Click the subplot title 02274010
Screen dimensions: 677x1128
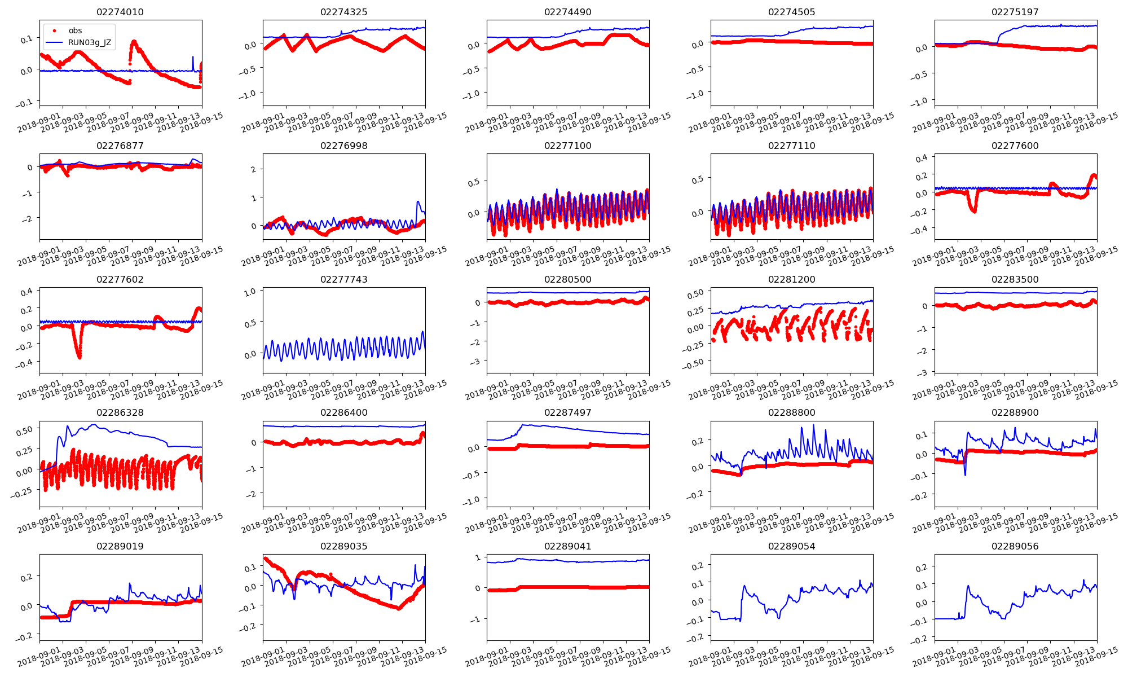pyautogui.click(x=120, y=12)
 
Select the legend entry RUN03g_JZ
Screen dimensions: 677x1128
pyautogui.click(x=90, y=42)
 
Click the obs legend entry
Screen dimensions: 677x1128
pyautogui.click(x=75, y=30)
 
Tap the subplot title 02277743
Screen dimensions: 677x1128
pyautogui.click(x=343, y=279)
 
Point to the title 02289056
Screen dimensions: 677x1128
pyautogui.click(x=1015, y=546)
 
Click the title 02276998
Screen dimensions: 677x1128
pyautogui.click(x=343, y=146)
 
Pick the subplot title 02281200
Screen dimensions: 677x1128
pyautogui.click(x=791, y=279)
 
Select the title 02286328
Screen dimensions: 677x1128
pyautogui.click(x=120, y=412)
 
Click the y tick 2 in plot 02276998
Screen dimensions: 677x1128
pyautogui.click(x=254, y=169)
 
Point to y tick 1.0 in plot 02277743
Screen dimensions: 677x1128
pyautogui.click(x=250, y=292)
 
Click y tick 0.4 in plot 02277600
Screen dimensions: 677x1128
pyautogui.click(x=921, y=159)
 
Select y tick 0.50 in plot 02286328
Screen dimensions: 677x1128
pyautogui.click(x=24, y=430)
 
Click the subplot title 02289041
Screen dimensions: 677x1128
pyautogui.click(x=567, y=546)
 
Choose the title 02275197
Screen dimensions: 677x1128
pyautogui.click(x=1015, y=12)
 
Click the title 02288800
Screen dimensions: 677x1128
pyautogui.click(x=791, y=412)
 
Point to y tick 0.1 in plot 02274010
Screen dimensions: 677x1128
pyautogui.click(x=27, y=39)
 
